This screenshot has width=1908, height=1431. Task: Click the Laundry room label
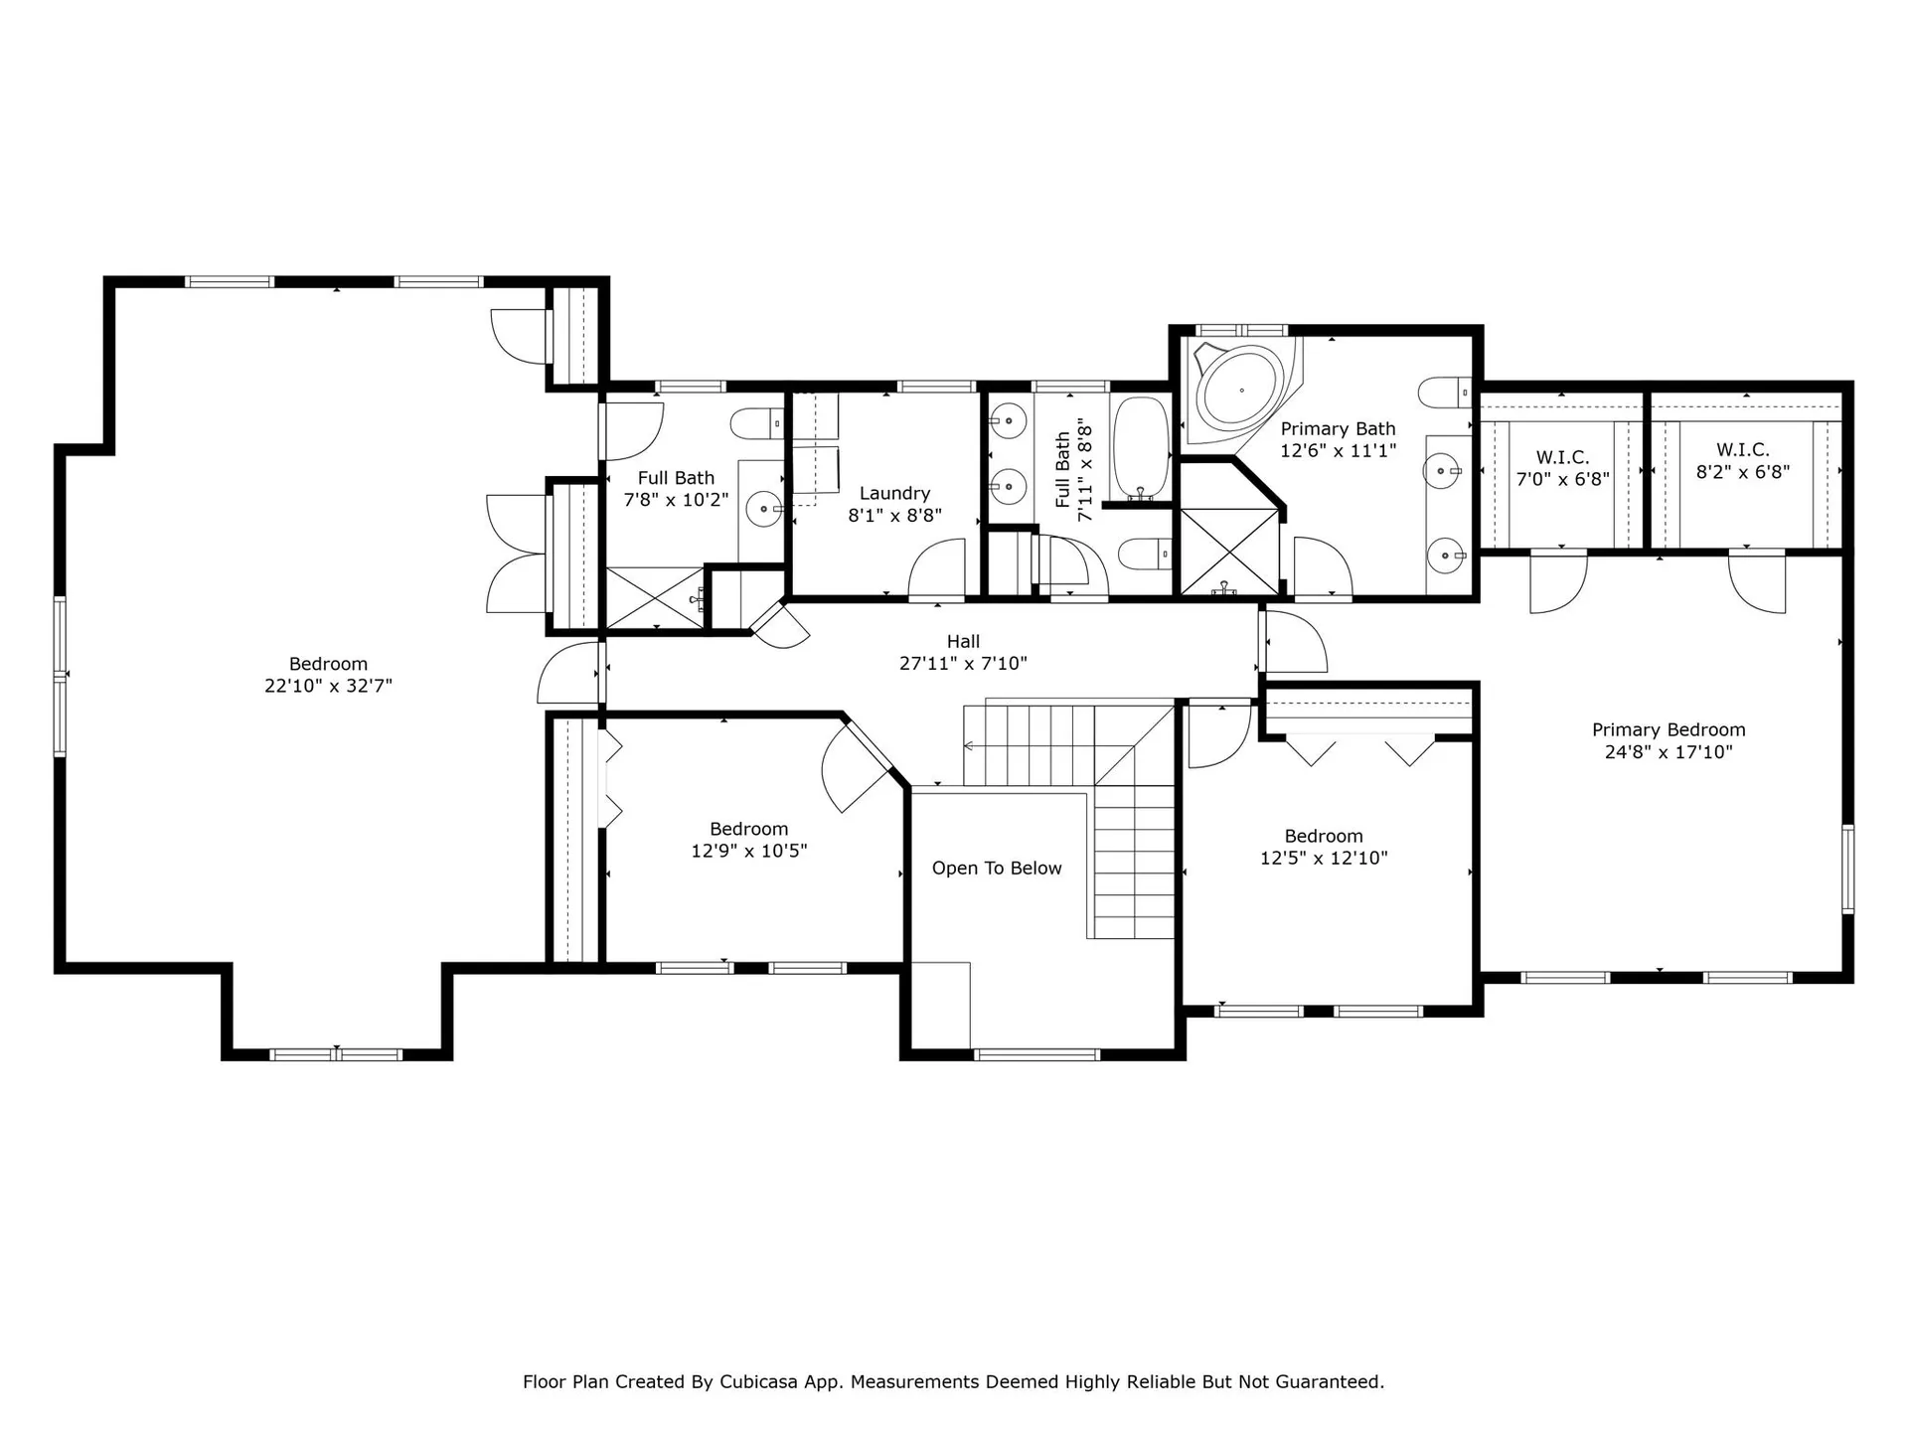coord(894,493)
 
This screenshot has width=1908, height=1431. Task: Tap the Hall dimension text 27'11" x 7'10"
coord(963,663)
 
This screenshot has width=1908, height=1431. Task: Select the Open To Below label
coord(997,869)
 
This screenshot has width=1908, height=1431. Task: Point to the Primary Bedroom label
coord(1669,729)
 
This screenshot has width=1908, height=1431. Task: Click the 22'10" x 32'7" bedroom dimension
coord(328,686)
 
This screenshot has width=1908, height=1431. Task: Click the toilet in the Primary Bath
coord(1444,393)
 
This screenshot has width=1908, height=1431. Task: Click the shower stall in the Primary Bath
coord(1229,552)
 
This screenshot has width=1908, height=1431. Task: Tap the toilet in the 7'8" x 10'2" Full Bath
coord(757,424)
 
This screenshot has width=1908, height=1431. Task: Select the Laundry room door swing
coord(936,568)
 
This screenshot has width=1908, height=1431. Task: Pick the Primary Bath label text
coord(1338,428)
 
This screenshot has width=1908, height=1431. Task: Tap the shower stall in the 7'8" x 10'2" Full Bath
coord(655,597)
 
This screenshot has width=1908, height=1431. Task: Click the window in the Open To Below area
coord(1036,1054)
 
